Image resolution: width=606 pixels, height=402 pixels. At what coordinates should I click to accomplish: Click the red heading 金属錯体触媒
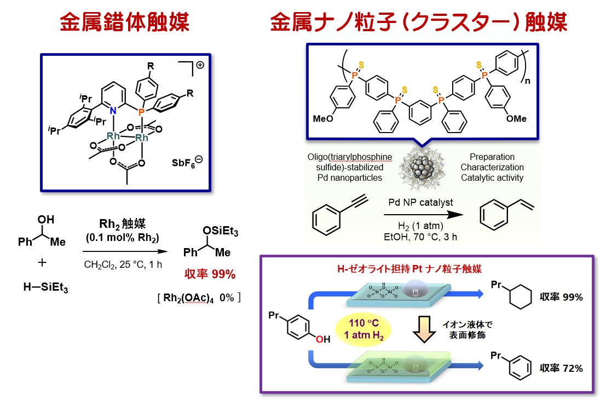124,23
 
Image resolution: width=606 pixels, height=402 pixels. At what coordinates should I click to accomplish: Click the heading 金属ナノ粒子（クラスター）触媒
419,23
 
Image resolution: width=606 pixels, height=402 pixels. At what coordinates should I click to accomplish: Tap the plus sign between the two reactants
42,263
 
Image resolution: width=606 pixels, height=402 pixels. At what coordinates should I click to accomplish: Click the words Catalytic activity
492,177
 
